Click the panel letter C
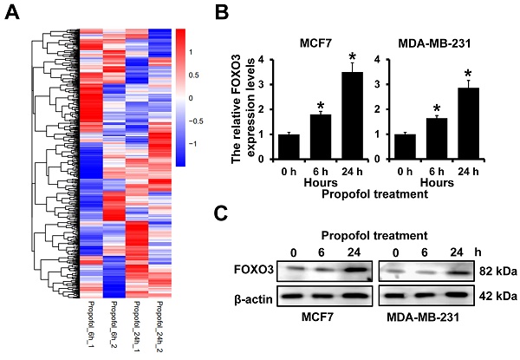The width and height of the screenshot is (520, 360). click(221, 214)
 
